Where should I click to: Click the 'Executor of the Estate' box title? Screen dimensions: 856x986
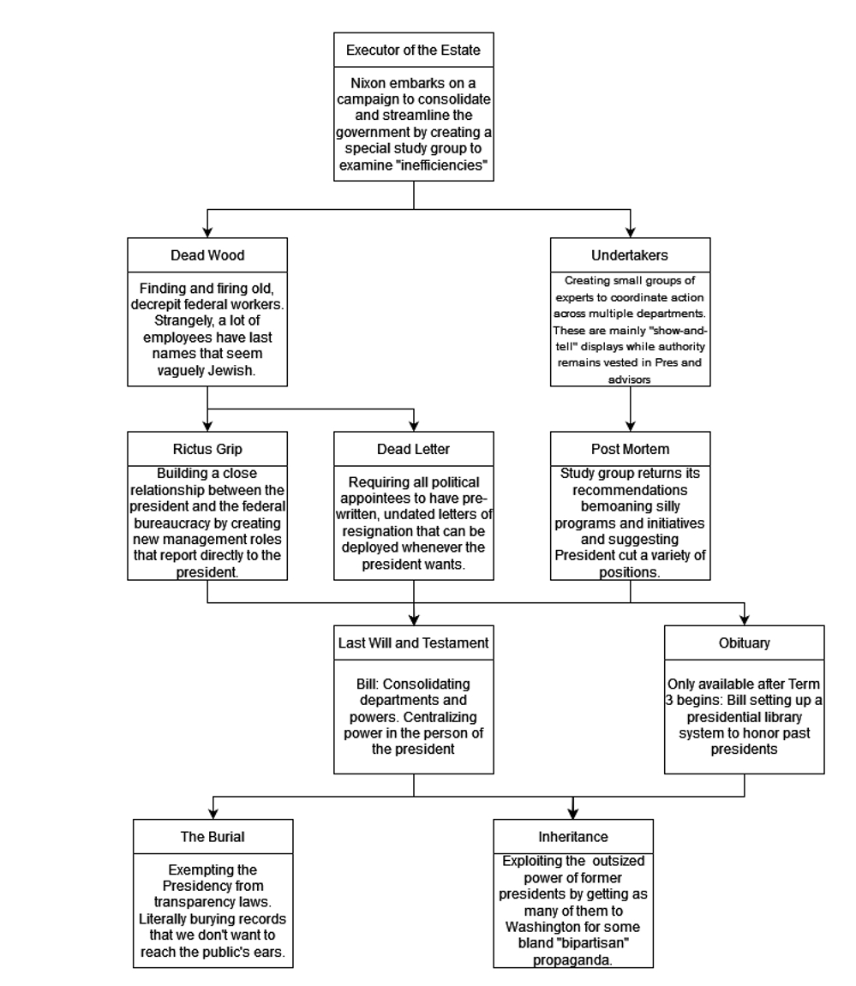tap(413, 51)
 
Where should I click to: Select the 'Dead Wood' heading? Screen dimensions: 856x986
tap(207, 255)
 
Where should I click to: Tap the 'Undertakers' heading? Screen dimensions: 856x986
tap(630, 255)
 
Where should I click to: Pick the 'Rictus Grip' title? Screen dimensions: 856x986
tap(207, 449)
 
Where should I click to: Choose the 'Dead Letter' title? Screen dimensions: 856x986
tap(413, 449)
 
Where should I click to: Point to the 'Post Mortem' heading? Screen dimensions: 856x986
tap(630, 449)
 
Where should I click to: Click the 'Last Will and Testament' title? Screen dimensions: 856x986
tap(413, 642)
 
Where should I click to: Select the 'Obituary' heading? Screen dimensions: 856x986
tap(744, 642)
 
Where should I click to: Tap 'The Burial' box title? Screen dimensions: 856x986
tap(213, 836)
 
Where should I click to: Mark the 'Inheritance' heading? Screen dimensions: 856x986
tap(573, 836)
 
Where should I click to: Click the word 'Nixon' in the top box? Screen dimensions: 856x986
tap(368, 83)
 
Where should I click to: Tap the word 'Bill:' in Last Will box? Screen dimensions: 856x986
tap(368, 684)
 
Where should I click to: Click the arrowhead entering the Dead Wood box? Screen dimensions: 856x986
tap(207, 232)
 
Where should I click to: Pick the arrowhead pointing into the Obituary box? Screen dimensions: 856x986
tap(745, 619)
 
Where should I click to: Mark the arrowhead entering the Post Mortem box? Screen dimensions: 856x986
tap(630, 426)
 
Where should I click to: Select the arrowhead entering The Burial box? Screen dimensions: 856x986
tap(213, 813)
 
